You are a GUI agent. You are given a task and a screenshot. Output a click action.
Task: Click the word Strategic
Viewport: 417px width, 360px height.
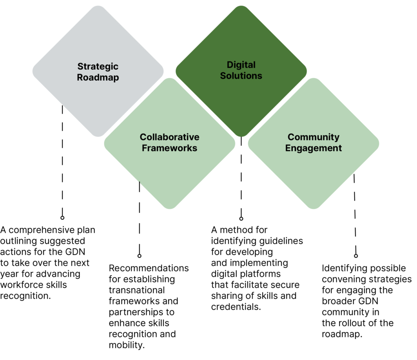pos(98,66)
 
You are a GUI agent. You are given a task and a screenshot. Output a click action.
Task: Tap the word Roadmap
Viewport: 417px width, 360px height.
pos(98,77)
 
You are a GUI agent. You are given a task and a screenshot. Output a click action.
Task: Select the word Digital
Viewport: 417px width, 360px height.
pos(241,65)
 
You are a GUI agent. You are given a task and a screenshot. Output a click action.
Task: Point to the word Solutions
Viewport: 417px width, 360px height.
pos(241,76)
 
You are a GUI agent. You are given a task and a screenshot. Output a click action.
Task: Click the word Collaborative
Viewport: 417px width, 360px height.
pos(169,137)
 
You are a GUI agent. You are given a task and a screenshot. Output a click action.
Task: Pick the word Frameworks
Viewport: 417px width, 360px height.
pos(169,148)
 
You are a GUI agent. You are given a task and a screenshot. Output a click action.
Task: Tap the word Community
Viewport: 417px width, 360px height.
pos(313,137)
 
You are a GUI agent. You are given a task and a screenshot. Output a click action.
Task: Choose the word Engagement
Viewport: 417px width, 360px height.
pos(313,148)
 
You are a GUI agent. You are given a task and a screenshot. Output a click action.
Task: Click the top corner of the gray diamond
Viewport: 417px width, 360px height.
pos(98,6)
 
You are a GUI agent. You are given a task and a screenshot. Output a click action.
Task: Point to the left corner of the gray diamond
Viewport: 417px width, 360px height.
pos(33,71)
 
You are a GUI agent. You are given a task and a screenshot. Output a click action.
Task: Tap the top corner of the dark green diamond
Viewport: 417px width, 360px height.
pos(241,6)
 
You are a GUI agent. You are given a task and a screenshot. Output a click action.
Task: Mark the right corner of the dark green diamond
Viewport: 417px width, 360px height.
pos(306,71)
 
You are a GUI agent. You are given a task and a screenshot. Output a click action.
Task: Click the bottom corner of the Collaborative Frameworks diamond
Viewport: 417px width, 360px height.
pos(169,209)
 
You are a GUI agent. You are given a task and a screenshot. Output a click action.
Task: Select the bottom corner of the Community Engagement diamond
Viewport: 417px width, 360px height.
pos(313,209)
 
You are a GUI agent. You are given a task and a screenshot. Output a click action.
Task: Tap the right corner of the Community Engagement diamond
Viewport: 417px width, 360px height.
pos(379,143)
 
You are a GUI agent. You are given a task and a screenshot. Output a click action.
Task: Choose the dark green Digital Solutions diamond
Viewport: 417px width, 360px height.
pos(241,98)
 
